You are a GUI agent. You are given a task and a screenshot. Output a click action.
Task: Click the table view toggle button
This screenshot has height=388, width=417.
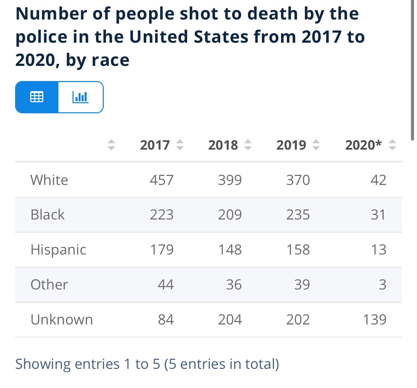pyautogui.click(x=37, y=97)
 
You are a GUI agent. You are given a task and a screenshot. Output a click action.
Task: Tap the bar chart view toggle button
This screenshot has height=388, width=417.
pyautogui.click(x=81, y=97)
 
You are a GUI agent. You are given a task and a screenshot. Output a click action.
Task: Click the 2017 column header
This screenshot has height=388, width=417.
pyautogui.click(x=155, y=145)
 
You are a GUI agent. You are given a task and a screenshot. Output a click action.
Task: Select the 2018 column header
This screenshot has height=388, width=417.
pyautogui.click(x=223, y=145)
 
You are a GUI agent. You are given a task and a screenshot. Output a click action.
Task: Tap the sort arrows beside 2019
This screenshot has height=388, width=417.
pyautogui.click(x=316, y=145)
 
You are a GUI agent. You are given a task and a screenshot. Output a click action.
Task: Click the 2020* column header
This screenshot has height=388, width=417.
pyautogui.click(x=364, y=145)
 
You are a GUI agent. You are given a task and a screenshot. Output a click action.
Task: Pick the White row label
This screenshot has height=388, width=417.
pyautogui.click(x=49, y=180)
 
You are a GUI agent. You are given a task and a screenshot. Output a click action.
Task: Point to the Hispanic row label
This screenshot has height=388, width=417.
pyautogui.click(x=58, y=249)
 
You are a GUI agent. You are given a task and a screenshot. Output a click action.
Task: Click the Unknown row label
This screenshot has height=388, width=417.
pyautogui.click(x=62, y=319)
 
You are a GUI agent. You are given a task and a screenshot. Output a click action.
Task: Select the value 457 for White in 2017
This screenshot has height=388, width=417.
pyautogui.click(x=162, y=180)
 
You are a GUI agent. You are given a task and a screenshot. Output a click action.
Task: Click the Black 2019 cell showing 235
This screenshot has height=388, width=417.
pyautogui.click(x=298, y=215)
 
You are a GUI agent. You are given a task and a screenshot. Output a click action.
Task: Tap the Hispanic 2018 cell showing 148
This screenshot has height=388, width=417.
pyautogui.click(x=230, y=249)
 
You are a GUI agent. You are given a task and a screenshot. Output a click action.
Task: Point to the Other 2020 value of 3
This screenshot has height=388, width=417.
pyautogui.click(x=382, y=284)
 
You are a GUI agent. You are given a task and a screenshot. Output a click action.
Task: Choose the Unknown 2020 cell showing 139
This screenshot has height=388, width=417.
pyautogui.click(x=375, y=319)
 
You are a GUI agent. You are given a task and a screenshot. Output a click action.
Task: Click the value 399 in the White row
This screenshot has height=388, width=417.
pyautogui.click(x=230, y=180)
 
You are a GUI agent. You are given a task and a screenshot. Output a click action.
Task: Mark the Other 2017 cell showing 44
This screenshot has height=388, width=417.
pyautogui.click(x=166, y=284)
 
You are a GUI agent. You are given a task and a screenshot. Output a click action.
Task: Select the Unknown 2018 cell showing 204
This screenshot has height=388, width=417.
pyautogui.click(x=230, y=319)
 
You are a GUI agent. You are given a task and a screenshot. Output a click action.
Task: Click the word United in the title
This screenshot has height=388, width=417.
pyautogui.click(x=159, y=37)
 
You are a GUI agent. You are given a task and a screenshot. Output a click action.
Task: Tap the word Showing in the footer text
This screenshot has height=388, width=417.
pyautogui.click(x=43, y=364)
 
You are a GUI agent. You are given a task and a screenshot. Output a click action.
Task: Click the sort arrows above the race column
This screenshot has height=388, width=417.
pyautogui.click(x=111, y=145)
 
